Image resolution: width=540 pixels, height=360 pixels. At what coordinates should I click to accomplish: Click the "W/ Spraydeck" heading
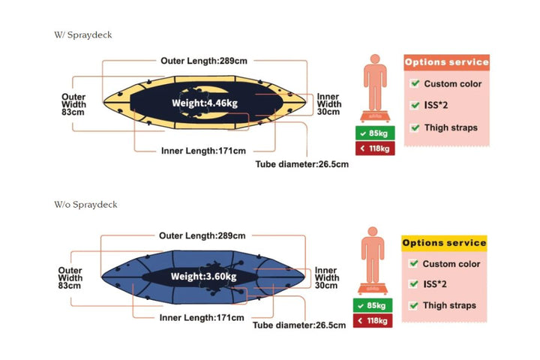(83, 34)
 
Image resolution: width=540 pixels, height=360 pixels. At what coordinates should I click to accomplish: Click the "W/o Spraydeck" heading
(85, 204)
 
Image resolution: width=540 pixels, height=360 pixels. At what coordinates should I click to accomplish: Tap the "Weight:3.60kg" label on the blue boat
(203, 277)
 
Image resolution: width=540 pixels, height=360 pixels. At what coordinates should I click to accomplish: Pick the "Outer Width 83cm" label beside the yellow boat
(73, 104)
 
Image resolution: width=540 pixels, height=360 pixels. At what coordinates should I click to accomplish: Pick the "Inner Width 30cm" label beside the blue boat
(326, 277)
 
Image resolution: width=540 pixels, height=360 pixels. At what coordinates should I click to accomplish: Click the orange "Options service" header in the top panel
(446, 62)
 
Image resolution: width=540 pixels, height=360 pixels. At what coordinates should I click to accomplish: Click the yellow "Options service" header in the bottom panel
(444, 242)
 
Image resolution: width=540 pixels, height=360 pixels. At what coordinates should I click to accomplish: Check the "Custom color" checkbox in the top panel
(415, 84)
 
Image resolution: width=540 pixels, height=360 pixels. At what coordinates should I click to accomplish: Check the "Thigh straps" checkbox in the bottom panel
(413, 305)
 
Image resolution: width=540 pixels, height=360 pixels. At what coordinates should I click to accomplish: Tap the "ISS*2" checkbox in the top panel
(415, 106)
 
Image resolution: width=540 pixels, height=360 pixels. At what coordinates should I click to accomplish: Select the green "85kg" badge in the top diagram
(374, 133)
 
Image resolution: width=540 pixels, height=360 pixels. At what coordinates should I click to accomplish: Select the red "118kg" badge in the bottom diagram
(373, 321)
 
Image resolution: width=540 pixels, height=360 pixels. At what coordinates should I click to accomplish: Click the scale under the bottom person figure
(373, 289)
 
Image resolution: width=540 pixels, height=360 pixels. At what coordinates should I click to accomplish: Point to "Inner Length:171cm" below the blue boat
(202, 318)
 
